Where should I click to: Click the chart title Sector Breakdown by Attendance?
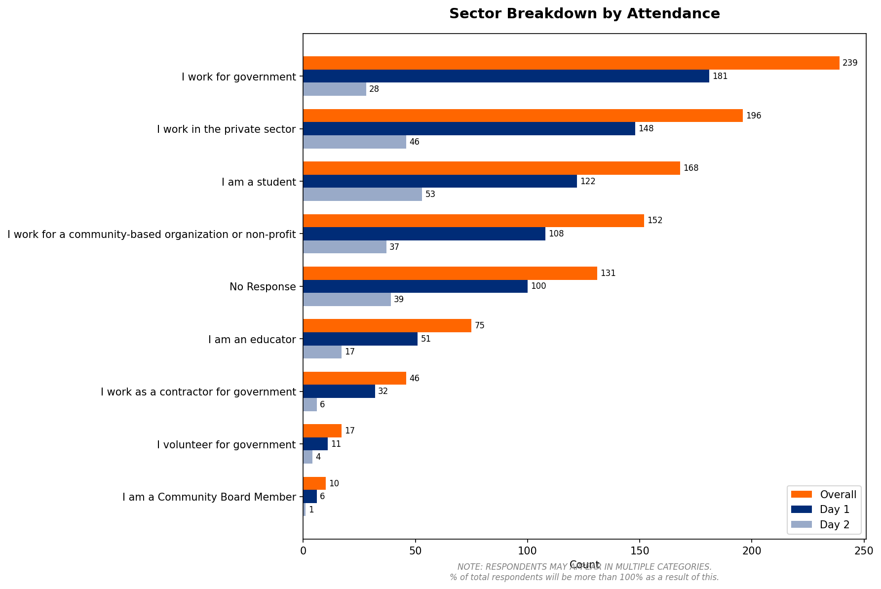(584, 14)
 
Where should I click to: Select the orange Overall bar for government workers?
(571, 63)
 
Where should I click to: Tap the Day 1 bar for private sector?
(469, 129)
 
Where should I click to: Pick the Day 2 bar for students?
(362, 195)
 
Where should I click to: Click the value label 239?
(850, 63)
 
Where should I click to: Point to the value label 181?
(720, 76)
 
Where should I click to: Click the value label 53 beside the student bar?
(430, 195)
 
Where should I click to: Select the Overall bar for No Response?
(450, 274)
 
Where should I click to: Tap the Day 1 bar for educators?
(360, 339)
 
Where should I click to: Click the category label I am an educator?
(252, 340)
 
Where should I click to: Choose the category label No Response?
(263, 287)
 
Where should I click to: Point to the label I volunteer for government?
(226, 445)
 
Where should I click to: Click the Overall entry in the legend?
(838, 495)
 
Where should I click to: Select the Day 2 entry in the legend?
(834, 525)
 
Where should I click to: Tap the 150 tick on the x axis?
(640, 550)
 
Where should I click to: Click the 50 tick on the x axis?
(416, 550)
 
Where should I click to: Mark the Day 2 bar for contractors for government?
(310, 405)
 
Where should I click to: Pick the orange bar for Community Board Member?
(314, 484)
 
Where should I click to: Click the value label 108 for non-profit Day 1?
(556, 234)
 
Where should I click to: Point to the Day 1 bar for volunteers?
(315, 444)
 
